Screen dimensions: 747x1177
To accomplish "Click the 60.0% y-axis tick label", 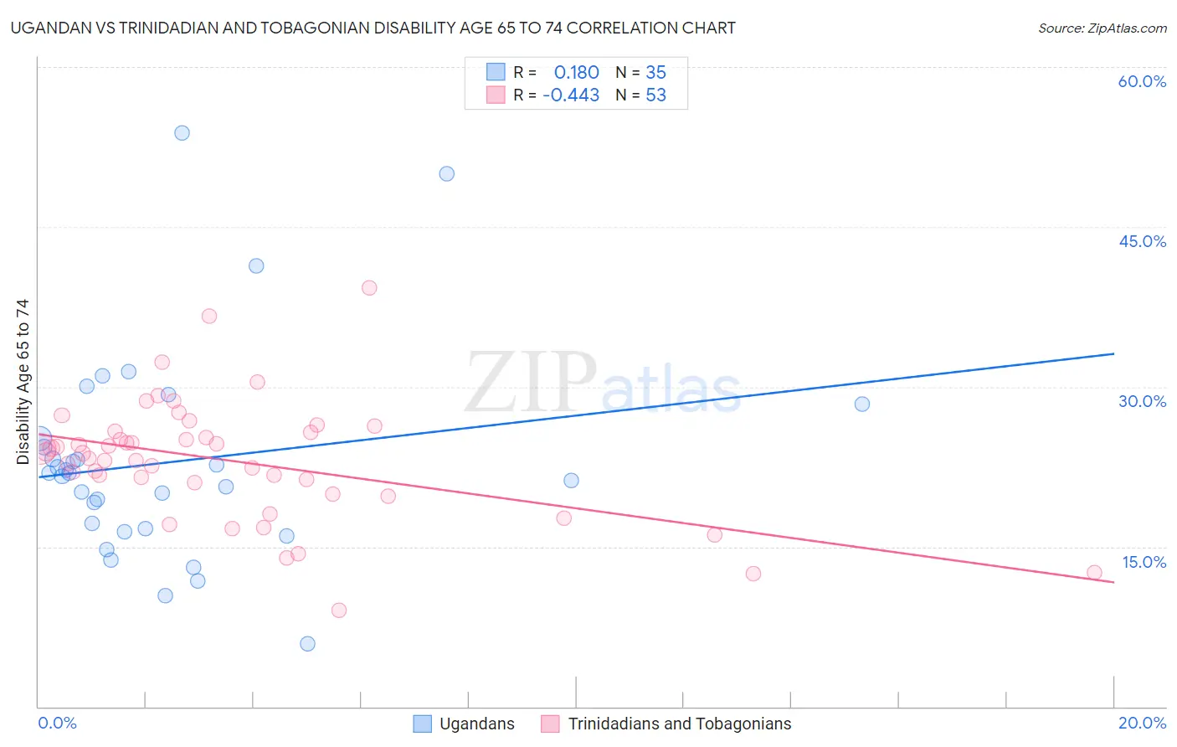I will [x=1142, y=81].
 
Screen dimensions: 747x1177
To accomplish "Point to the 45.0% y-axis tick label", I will [x=1142, y=241].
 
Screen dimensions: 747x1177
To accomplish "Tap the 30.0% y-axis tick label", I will [x=1142, y=401].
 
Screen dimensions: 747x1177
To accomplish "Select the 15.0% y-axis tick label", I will [x=1144, y=562].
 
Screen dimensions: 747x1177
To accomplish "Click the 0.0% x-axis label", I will [x=57, y=723].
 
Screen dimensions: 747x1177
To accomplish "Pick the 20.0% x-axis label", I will [x=1142, y=723].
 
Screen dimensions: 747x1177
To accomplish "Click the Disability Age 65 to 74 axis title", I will [x=23, y=382].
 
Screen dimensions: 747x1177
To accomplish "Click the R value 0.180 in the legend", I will [x=576, y=72].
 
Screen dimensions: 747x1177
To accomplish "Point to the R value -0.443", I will [x=571, y=95].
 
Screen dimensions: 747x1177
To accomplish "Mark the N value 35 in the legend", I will [x=655, y=72].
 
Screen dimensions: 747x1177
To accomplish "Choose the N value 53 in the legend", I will [x=655, y=95].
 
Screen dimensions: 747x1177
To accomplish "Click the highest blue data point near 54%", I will [x=182, y=133].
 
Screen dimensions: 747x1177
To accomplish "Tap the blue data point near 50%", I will [x=447, y=174].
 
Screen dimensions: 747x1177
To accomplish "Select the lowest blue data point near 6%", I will [x=307, y=644].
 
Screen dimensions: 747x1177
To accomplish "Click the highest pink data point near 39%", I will [x=369, y=288].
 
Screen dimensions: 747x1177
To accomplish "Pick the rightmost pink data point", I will [x=1094, y=573].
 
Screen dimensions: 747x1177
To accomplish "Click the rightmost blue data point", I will [x=862, y=404].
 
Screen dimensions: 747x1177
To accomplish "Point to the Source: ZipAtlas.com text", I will [x=1102, y=28].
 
